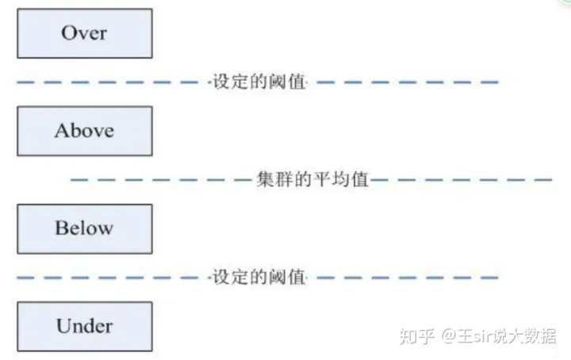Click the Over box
pos(84,33)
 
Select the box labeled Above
pos(84,131)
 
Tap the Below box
pos(84,228)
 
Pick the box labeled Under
pos(84,326)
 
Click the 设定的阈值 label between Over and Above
pos(259,82)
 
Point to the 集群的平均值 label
pos(313,179)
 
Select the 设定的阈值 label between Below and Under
pos(259,278)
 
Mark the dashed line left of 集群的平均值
pos(159,180)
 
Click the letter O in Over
pos(68,33)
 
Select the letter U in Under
pos(63,326)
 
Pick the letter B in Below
pos(61,228)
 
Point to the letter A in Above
pos(61,131)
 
